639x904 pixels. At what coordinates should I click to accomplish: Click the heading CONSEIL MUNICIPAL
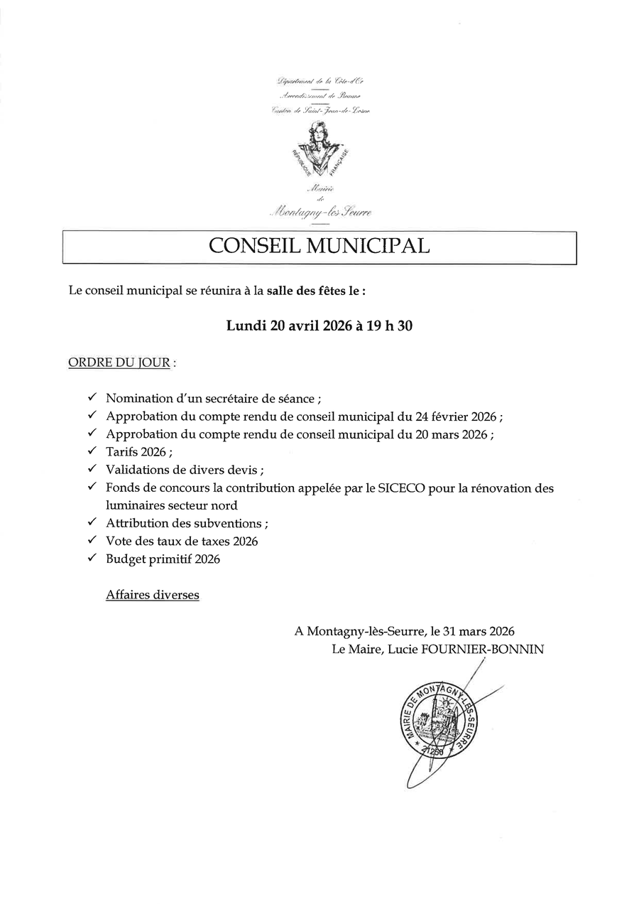[x=319, y=246]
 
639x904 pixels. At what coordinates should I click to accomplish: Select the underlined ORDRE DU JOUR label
[x=119, y=363]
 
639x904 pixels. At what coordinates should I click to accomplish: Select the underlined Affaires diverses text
[x=153, y=595]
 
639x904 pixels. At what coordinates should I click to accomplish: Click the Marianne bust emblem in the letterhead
[x=319, y=150]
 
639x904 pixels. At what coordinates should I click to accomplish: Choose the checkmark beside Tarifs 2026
[x=92, y=451]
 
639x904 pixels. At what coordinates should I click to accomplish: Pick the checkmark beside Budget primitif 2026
[x=92, y=559]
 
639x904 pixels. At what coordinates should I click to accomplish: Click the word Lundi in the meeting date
[x=246, y=326]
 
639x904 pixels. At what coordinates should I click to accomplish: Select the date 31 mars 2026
[x=479, y=631]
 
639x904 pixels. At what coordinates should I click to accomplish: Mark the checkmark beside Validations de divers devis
[x=92, y=469]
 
